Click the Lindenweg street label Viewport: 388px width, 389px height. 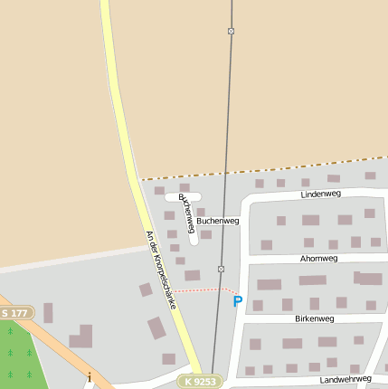[x=320, y=194]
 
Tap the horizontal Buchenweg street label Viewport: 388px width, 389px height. [x=217, y=220]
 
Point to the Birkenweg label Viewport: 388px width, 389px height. [x=315, y=318]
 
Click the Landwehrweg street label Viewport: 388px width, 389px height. [x=345, y=379]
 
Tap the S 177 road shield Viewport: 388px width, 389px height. [x=15, y=313]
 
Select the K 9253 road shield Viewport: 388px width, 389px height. [x=200, y=381]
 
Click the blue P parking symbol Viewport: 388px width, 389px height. [x=238, y=301]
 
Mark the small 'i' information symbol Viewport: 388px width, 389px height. [x=90, y=376]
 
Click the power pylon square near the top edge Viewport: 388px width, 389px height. [x=231, y=32]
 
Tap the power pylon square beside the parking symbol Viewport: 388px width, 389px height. [x=221, y=270]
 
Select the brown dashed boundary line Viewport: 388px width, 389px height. [x=262, y=168]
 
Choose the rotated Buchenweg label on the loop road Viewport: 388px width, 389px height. [x=186, y=213]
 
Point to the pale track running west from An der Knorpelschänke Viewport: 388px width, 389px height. [x=63, y=258]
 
